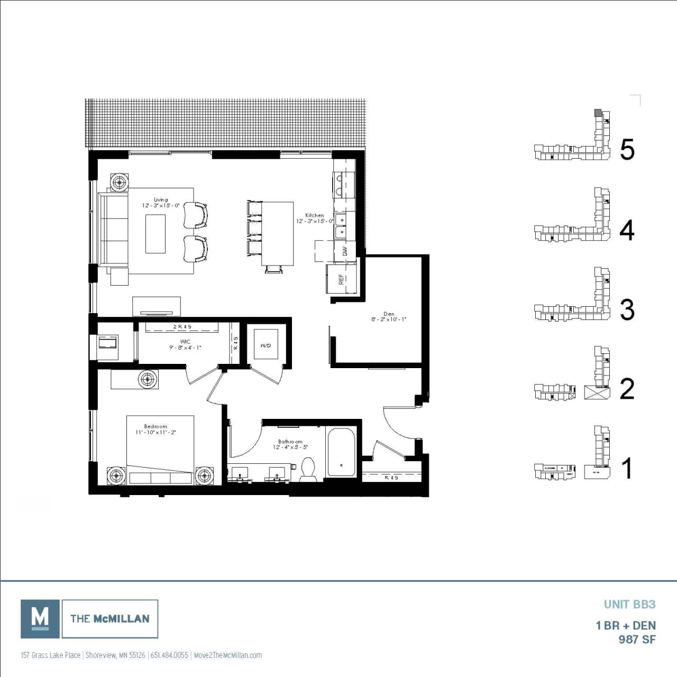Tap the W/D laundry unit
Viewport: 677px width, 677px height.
[266, 346]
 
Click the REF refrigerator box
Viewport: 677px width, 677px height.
[341, 279]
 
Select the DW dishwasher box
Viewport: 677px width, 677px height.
[345, 251]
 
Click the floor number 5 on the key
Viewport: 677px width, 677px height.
[627, 150]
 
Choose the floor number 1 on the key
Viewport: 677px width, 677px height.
[627, 469]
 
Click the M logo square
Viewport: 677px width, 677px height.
[40, 618]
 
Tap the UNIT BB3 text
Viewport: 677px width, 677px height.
[629, 604]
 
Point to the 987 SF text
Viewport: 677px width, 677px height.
[637, 639]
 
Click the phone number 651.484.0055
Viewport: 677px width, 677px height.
[169, 655]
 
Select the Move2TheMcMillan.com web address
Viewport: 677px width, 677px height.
[228, 655]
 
